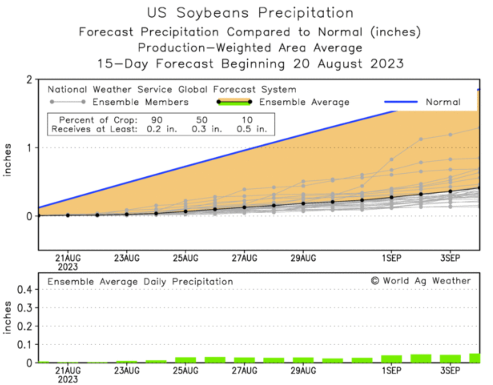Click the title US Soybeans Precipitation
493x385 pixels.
(x=250, y=13)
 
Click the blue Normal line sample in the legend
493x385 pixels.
(x=400, y=102)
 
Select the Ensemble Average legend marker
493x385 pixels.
(x=234, y=102)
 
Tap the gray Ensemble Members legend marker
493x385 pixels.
(x=67, y=102)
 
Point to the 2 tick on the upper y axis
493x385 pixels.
(x=30, y=80)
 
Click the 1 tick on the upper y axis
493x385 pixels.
(x=30, y=148)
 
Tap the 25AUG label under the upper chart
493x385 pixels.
(x=185, y=258)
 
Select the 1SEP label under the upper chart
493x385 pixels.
(x=391, y=258)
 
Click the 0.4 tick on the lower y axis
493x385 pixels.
(x=24, y=290)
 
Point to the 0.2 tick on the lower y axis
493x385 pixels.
(x=24, y=326)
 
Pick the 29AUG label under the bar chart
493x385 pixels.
(x=303, y=370)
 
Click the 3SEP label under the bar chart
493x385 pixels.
(x=450, y=370)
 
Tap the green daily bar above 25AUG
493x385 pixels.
(x=185, y=360)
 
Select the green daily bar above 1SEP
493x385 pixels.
(x=391, y=359)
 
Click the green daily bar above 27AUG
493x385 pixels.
(x=244, y=360)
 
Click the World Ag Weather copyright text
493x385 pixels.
(x=421, y=281)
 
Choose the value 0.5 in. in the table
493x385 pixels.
(x=252, y=129)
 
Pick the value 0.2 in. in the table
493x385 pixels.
(x=162, y=129)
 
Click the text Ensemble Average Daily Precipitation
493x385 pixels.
(x=140, y=282)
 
